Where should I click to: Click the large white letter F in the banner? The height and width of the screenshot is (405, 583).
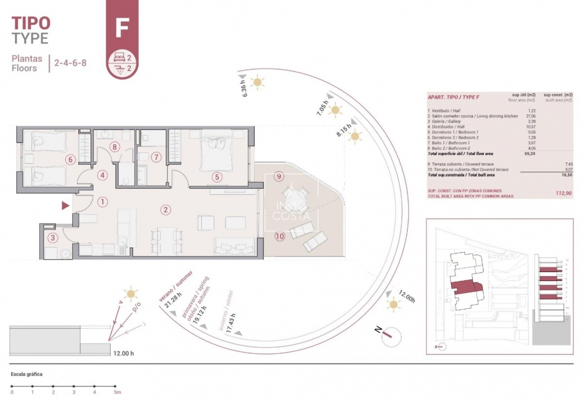[x=121, y=28]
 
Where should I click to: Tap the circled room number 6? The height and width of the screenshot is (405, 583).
[x=70, y=159]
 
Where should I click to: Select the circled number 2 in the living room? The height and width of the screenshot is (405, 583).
[x=166, y=210]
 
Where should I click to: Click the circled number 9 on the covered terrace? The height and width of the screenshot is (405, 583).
[x=279, y=176]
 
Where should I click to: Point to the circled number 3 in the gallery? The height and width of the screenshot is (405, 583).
[x=52, y=238]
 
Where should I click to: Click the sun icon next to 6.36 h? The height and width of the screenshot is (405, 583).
[x=259, y=82]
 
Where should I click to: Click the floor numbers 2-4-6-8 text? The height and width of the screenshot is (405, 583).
[x=70, y=63]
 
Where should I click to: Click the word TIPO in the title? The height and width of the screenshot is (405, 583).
[x=31, y=23]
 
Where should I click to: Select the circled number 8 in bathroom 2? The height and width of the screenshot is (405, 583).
[x=114, y=146]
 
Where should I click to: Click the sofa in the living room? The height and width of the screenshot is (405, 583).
[x=234, y=246]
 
